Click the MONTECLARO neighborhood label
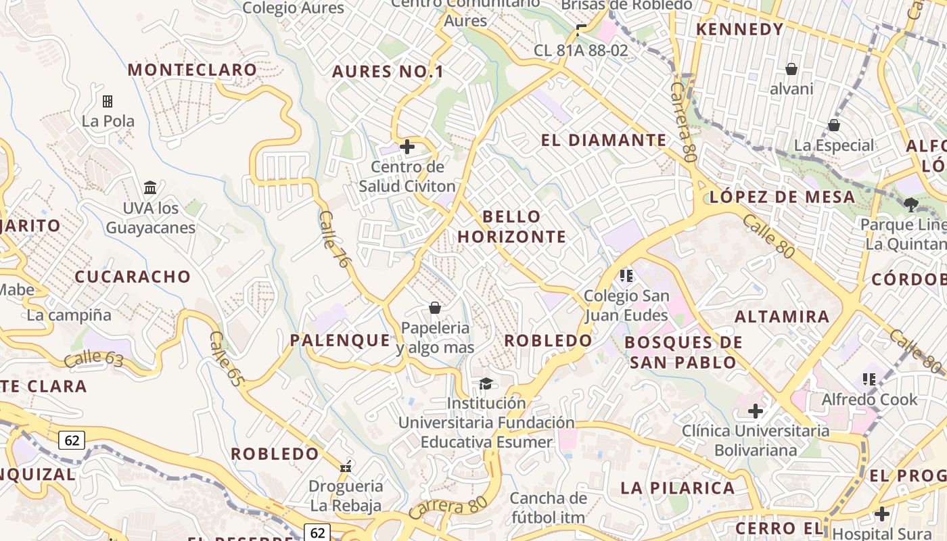(192, 70)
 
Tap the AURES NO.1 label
(388, 72)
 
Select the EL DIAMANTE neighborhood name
(604, 140)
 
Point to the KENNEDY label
(740, 30)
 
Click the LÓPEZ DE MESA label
(782, 197)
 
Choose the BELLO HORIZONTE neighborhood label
(512, 227)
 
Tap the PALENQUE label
(340, 340)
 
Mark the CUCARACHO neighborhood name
(133, 277)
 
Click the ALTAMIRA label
(782, 316)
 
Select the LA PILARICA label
(678, 488)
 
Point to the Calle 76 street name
(334, 238)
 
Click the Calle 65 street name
(226, 358)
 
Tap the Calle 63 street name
(93, 358)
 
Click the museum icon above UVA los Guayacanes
(150, 187)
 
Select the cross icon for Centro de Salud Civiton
(407, 146)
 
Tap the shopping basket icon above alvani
(791, 69)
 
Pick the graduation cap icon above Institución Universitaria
(486, 384)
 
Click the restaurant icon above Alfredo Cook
(869, 379)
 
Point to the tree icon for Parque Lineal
(910, 204)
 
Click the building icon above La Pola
(108, 101)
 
